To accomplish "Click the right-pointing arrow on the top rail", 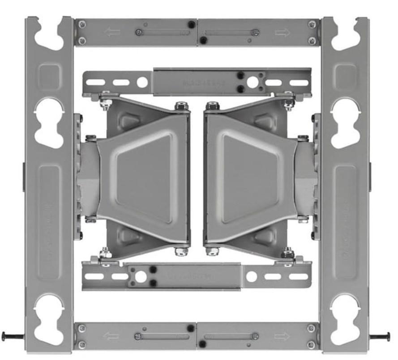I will click(282, 32).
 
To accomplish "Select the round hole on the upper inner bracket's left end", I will click(142, 82).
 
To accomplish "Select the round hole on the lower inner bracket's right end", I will click(252, 276).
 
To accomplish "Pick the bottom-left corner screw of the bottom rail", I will click(81, 344).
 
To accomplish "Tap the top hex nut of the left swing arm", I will click(181, 106).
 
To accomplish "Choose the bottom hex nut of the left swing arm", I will click(181, 251).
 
